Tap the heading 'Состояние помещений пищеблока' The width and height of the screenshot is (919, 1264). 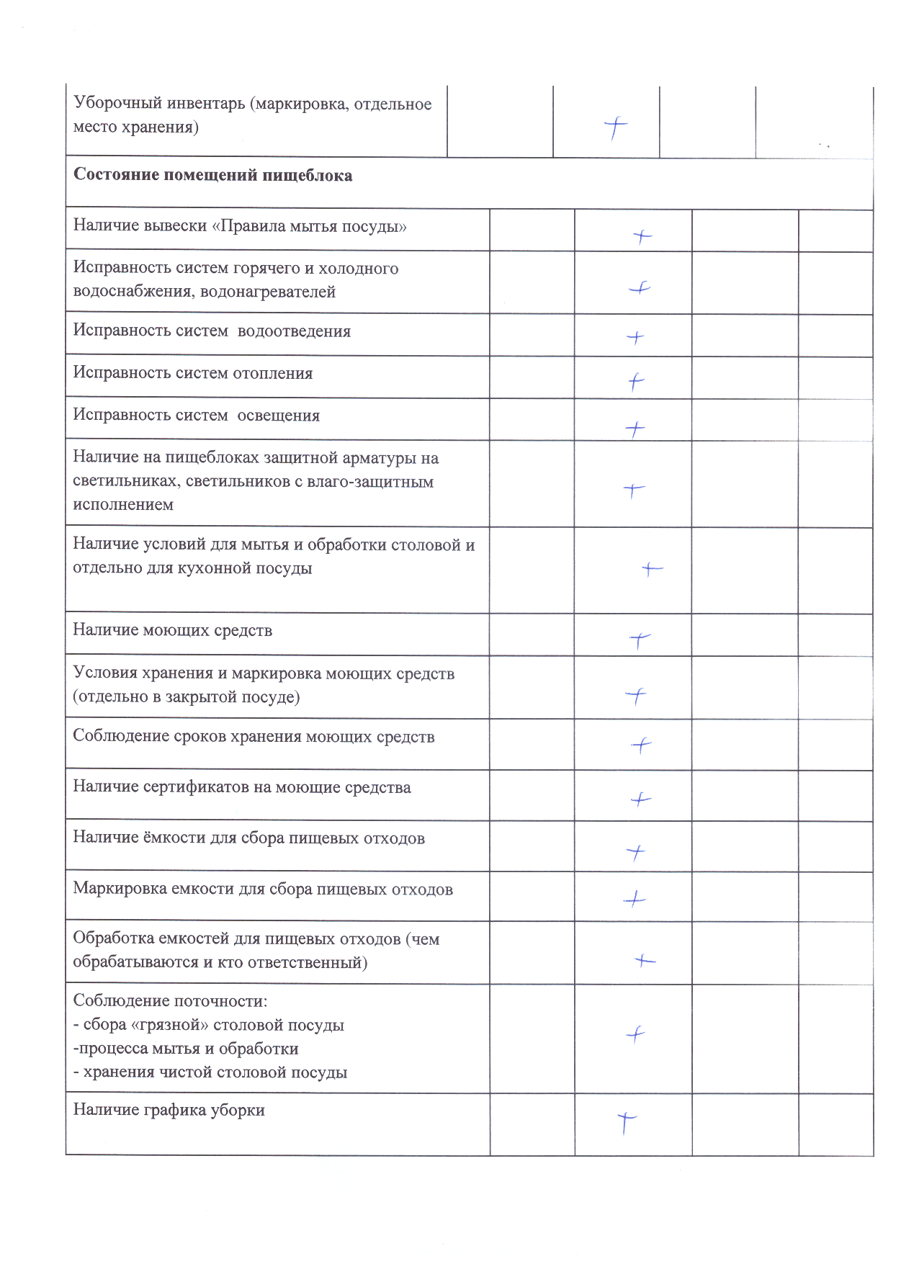pyautogui.click(x=212, y=176)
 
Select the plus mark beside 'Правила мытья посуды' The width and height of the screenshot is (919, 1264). pyautogui.click(x=642, y=236)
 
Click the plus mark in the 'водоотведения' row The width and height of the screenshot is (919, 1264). pyautogui.click(x=635, y=337)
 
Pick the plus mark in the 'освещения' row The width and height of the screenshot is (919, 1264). pyautogui.click(x=635, y=429)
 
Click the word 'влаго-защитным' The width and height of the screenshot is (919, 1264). pyautogui.click(x=370, y=481)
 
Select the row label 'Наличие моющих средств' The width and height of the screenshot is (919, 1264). pyautogui.click(x=172, y=630)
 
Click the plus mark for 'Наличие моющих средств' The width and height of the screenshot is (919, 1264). pyautogui.click(x=640, y=640)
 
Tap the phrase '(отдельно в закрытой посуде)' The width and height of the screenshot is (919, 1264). pyautogui.click(x=186, y=696)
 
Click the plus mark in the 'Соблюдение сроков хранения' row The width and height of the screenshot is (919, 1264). pyautogui.click(x=641, y=745)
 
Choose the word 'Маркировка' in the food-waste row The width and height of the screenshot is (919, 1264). pyautogui.click(x=120, y=889)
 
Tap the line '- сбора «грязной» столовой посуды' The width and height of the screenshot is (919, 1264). pyautogui.click(x=209, y=1025)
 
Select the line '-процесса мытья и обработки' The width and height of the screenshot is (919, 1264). pyautogui.click(x=186, y=1049)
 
